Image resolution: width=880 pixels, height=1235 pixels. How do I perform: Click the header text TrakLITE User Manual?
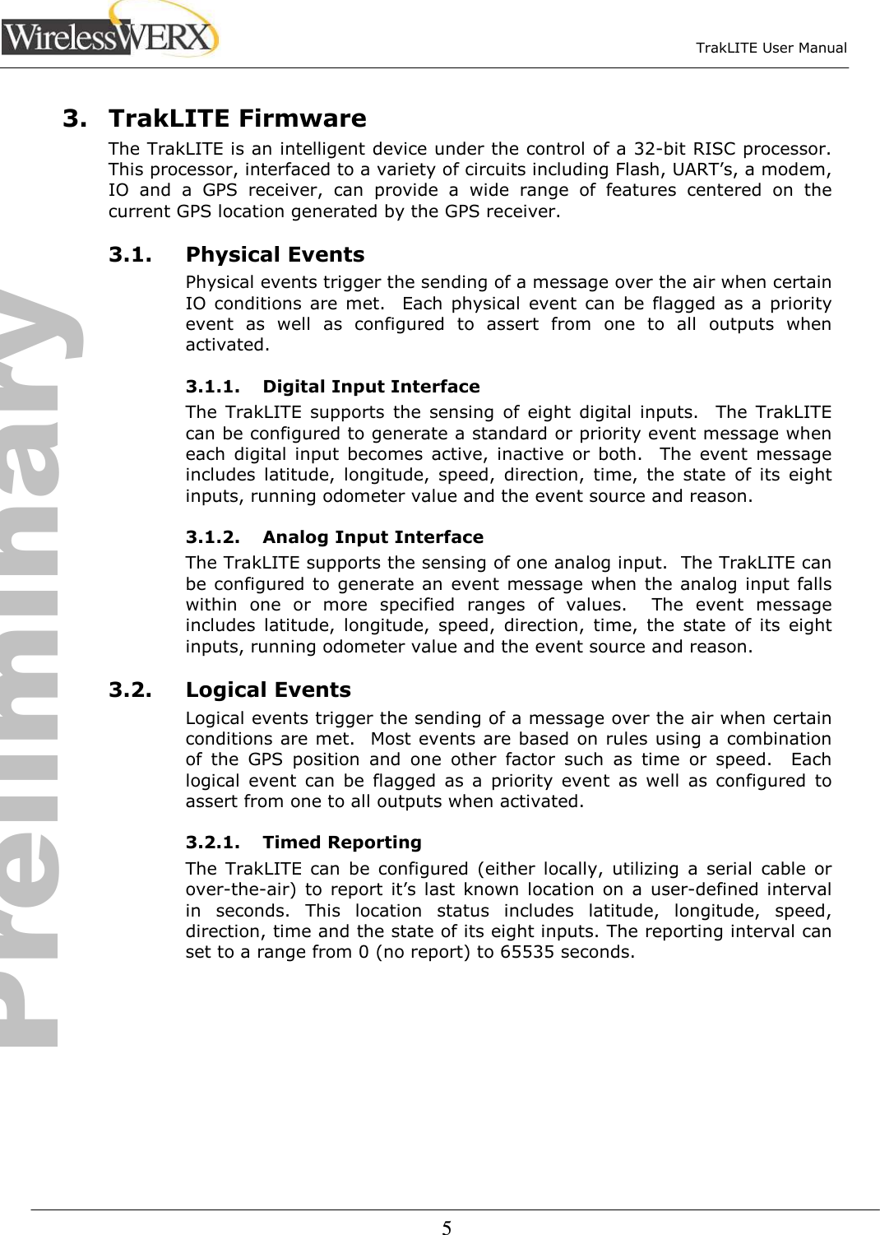click(771, 48)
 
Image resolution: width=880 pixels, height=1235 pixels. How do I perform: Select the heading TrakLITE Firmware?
click(238, 118)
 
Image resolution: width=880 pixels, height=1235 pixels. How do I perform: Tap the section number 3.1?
click(130, 255)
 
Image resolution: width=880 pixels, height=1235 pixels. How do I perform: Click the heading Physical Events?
click(275, 255)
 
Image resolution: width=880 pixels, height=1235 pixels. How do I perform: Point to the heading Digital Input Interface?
click(371, 387)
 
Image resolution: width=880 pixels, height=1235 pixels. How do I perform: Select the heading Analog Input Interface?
click(373, 537)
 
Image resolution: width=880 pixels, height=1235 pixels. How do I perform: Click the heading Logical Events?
click(268, 689)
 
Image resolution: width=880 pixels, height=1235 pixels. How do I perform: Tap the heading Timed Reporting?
click(342, 843)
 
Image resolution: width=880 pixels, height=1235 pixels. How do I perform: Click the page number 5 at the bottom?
click(447, 1228)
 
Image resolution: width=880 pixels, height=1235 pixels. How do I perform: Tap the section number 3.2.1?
click(213, 843)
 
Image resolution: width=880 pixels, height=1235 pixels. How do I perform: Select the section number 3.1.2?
click(213, 537)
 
